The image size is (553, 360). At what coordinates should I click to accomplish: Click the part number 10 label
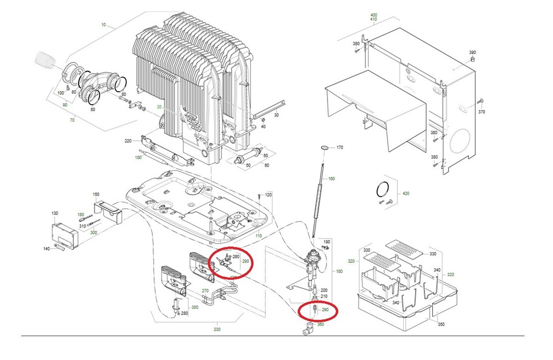pyautogui.click(x=104, y=25)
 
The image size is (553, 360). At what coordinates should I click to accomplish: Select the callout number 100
pyautogui.click(x=61, y=93)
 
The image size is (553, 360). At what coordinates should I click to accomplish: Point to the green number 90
pyautogui.click(x=64, y=105)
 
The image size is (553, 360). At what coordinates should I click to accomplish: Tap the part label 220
pyautogui.click(x=128, y=141)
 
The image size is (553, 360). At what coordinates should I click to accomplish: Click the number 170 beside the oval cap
pyautogui.click(x=339, y=148)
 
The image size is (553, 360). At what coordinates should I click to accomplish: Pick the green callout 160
pyautogui.click(x=332, y=179)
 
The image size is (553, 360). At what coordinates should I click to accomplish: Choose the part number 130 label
pyautogui.click(x=55, y=213)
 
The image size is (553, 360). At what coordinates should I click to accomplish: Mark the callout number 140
pyautogui.click(x=47, y=249)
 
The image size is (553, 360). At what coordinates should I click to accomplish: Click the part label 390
pyautogui.click(x=472, y=53)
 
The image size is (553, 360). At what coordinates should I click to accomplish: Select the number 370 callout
pyautogui.click(x=481, y=113)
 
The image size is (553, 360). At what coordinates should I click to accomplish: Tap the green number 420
pyautogui.click(x=406, y=193)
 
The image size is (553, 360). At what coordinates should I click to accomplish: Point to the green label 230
pyautogui.click(x=217, y=329)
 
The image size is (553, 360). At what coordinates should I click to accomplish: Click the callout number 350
pyautogui.click(x=441, y=324)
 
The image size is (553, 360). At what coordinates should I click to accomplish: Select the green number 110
pyautogui.click(x=258, y=236)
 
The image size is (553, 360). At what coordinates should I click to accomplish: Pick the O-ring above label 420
pyautogui.click(x=382, y=189)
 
